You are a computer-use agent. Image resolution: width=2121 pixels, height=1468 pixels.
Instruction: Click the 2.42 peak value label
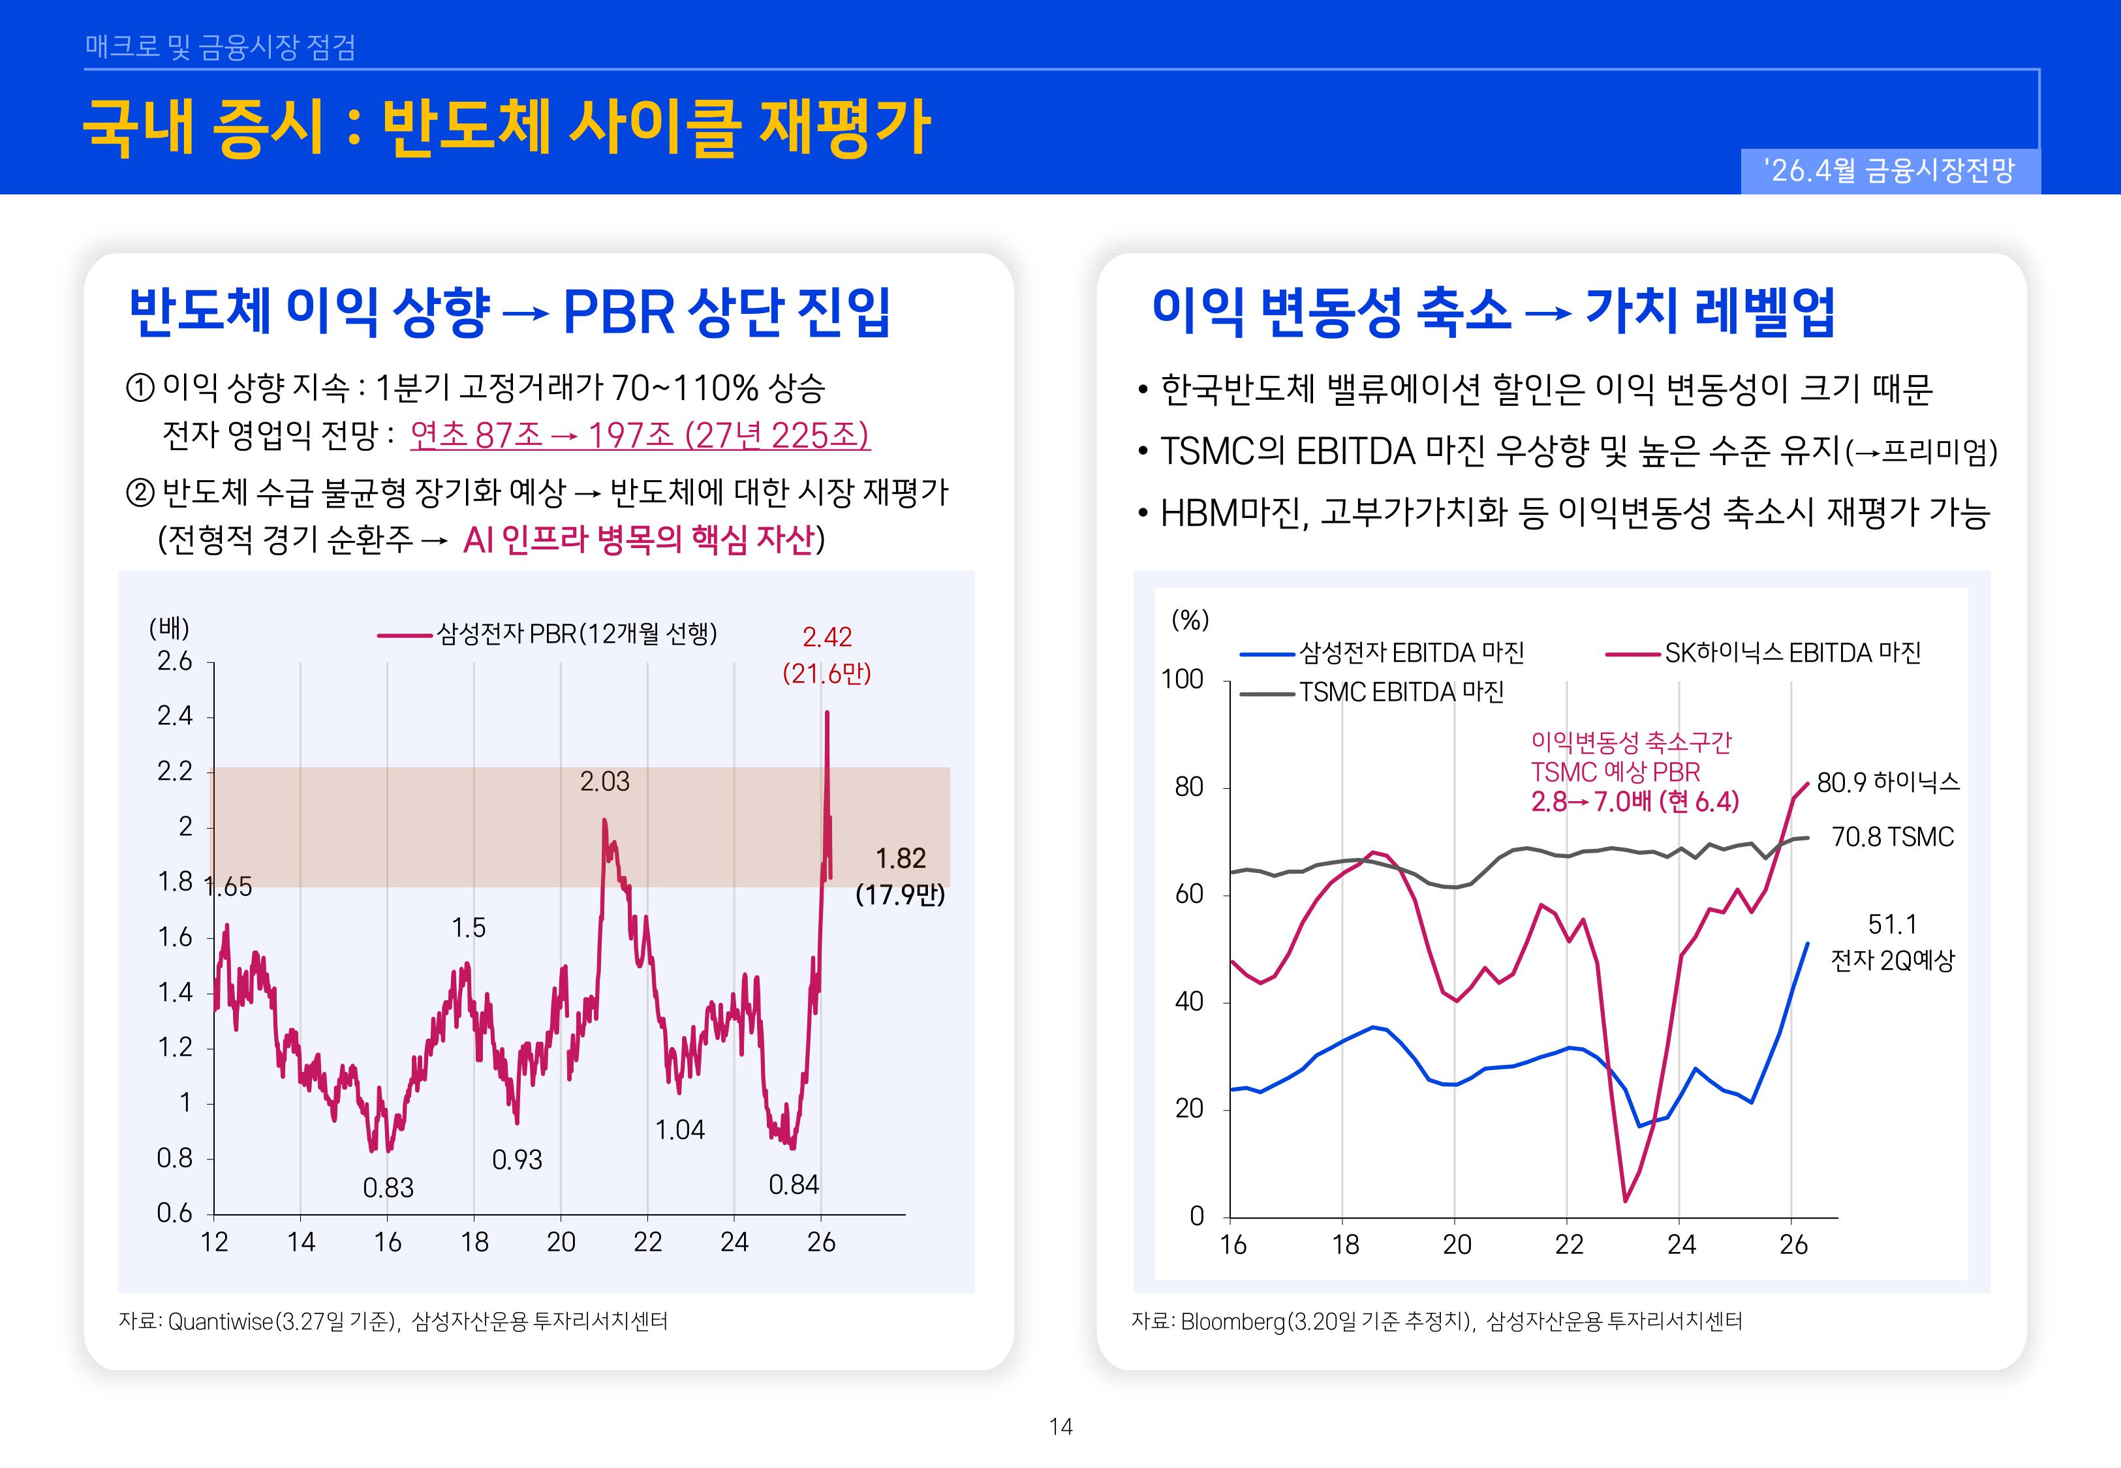(826, 637)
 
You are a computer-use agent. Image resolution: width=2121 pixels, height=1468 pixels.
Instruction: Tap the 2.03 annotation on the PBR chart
(604, 782)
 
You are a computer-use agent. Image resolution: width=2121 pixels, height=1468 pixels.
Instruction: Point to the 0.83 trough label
(388, 1188)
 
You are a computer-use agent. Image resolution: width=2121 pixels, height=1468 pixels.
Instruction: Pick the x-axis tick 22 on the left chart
(647, 1243)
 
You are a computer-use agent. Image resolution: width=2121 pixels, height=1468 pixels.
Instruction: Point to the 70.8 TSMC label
(1892, 837)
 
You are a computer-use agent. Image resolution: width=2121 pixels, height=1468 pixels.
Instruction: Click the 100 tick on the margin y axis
(1181, 680)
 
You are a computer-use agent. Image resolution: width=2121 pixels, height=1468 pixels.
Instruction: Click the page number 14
(1060, 1427)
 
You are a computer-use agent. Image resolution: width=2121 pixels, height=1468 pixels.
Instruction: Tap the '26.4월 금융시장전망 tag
(1889, 171)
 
